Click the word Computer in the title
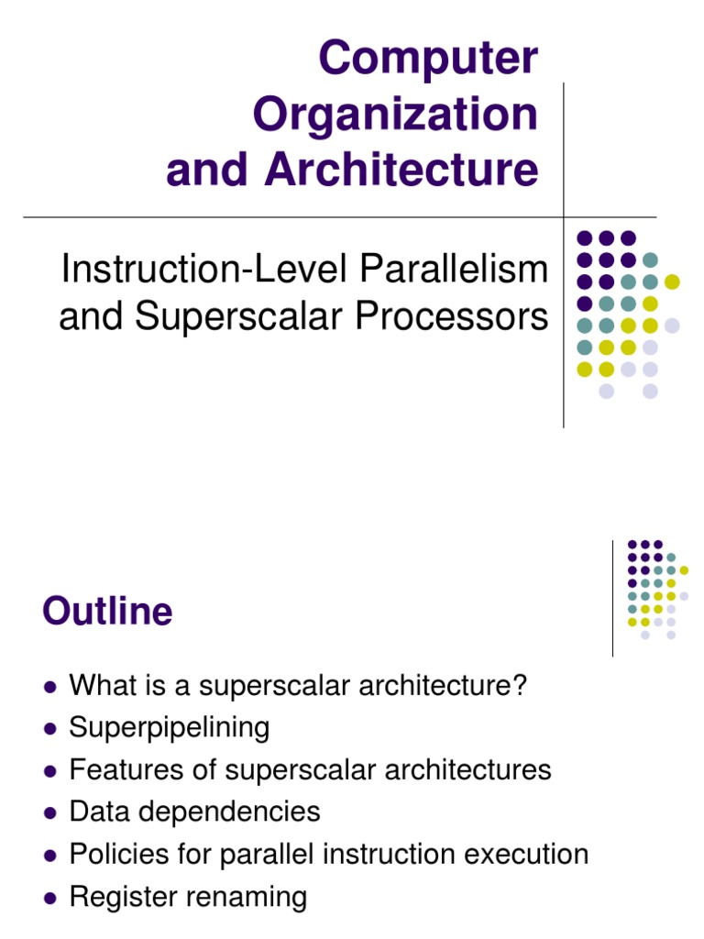pos(428,60)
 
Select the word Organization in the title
pos(396,115)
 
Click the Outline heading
pos(107,612)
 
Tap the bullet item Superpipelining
pos(170,727)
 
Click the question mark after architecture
pos(522,685)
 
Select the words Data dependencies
pos(194,812)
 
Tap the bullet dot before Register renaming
pos(50,898)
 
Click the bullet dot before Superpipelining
pos(50,729)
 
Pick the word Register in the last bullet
pos(126,896)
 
